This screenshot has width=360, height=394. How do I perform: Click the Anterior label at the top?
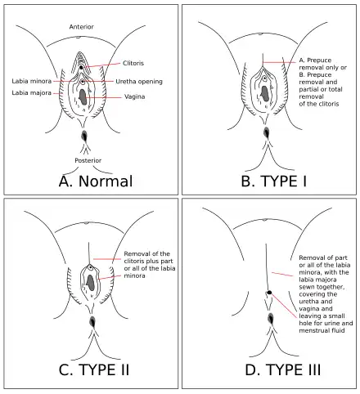pos(82,27)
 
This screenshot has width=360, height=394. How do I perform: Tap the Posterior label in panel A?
pos(88,160)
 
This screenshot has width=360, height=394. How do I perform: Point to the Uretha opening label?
pos(139,82)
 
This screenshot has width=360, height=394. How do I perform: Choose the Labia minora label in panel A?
pos(30,81)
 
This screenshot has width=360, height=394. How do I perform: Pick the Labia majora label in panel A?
pos(30,92)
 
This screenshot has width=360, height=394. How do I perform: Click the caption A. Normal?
pos(95,181)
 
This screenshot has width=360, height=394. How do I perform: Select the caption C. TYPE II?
pos(95,370)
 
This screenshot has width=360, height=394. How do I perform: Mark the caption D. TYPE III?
pos(272,370)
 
